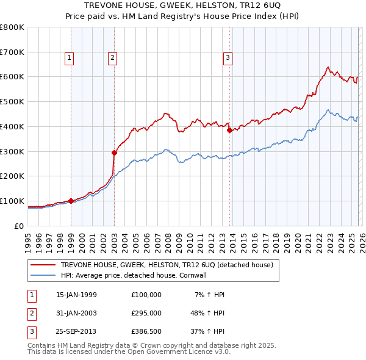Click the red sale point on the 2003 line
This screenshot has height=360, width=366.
114,153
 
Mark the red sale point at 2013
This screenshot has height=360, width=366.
229,130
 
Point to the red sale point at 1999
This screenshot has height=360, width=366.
71,201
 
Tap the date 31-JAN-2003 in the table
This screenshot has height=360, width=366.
76,312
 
